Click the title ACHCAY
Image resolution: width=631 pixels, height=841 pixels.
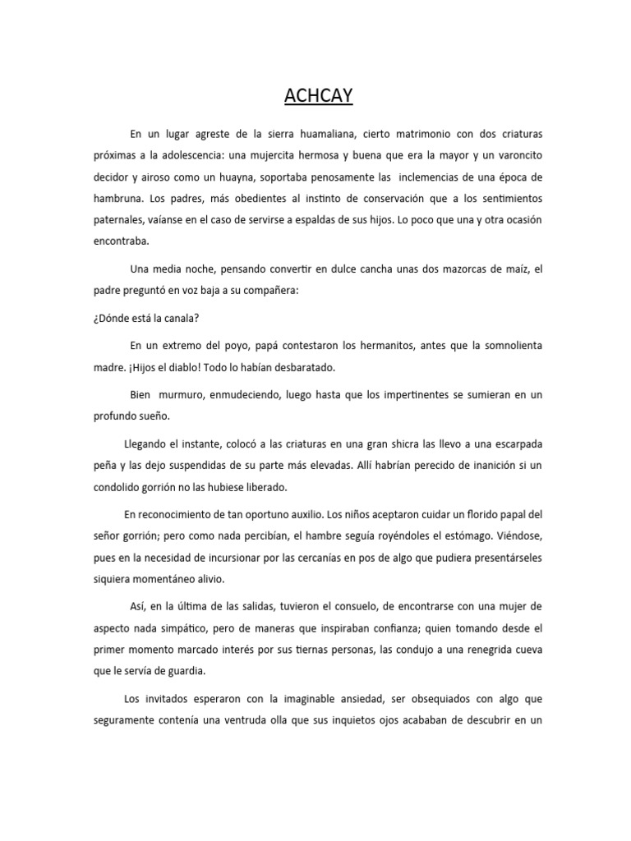tap(318, 97)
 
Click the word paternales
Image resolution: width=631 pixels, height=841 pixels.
tap(117, 222)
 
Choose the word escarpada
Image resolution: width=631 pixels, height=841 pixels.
tap(506, 444)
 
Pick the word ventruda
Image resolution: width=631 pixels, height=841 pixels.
tap(297, 722)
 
